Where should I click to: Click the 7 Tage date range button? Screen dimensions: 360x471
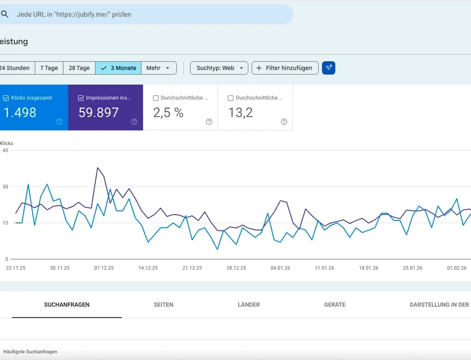click(x=49, y=68)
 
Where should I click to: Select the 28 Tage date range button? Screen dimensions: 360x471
click(x=79, y=68)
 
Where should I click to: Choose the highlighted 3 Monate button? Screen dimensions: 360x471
click(x=118, y=68)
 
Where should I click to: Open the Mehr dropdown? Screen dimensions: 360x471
click(x=158, y=68)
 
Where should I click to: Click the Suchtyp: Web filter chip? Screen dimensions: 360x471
click(x=219, y=68)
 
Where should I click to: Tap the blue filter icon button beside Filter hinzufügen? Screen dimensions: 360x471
click(x=328, y=68)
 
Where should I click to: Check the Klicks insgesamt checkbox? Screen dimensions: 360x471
click(x=6, y=98)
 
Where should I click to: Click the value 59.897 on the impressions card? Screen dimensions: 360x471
click(x=98, y=113)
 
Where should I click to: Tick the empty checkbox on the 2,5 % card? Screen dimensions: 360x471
click(x=156, y=98)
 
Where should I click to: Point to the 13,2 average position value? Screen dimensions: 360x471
click(x=240, y=113)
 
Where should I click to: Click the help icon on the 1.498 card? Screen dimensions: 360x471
click(x=59, y=122)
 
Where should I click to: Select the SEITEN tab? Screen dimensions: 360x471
click(x=163, y=305)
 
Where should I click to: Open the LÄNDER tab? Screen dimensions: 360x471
click(x=248, y=305)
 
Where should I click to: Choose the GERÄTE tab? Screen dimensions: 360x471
click(x=335, y=305)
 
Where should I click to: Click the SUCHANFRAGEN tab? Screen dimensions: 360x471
click(x=67, y=305)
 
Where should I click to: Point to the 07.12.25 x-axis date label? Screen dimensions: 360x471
click(x=104, y=267)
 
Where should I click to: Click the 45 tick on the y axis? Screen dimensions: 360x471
click(x=5, y=150)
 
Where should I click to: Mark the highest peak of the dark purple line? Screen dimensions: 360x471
click(x=98, y=167)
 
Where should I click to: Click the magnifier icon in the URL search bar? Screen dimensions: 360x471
click(x=5, y=14)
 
